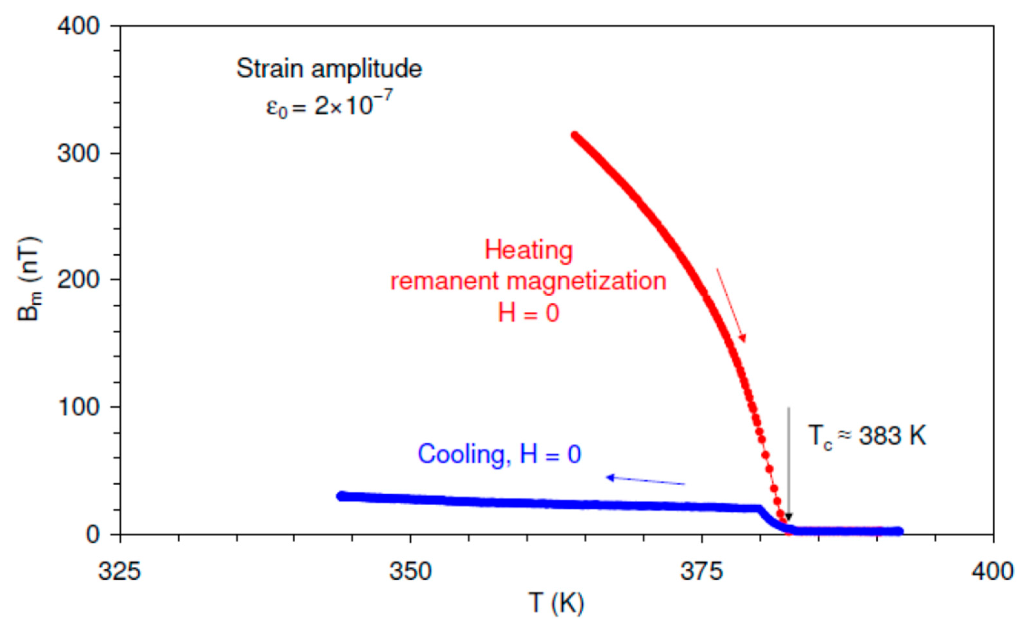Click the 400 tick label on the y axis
point(78,26)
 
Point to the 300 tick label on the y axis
point(78,153)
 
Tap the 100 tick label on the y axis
point(78,407)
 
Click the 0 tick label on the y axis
point(93,534)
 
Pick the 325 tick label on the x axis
point(120,571)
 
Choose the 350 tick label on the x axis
point(410,571)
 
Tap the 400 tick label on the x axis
point(992,571)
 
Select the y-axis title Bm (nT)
point(29,279)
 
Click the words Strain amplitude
point(329,68)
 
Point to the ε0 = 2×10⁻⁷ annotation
point(329,104)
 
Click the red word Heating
point(528,251)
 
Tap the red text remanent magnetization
point(528,281)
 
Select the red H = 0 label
point(528,313)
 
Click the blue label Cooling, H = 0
point(499,454)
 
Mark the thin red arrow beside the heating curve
point(731,304)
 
